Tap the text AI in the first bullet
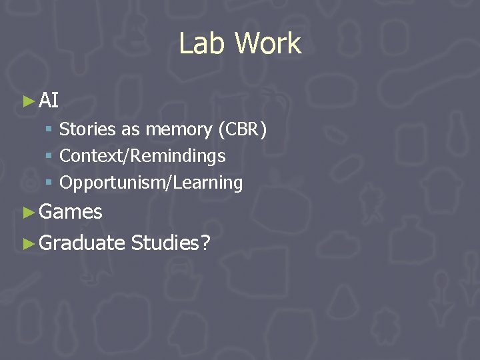(49, 101)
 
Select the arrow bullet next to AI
(27, 101)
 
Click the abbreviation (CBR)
(242, 129)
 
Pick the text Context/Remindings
(142, 156)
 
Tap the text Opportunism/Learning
(151, 182)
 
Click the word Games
(71, 212)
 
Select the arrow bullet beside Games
(27, 213)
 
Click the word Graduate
(82, 243)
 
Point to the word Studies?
(171, 243)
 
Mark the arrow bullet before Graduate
(27, 243)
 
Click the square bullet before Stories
(50, 130)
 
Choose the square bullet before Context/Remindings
(50, 157)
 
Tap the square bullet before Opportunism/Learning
(50, 183)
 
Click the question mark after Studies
(205, 243)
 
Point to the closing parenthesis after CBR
(264, 129)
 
